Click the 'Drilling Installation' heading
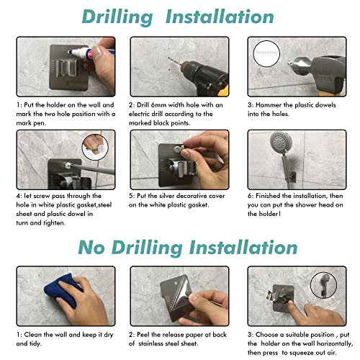pyautogui.click(x=179, y=17)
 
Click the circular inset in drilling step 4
pyautogui.click(x=91, y=144)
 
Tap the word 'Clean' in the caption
pyautogui.click(x=36, y=335)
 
